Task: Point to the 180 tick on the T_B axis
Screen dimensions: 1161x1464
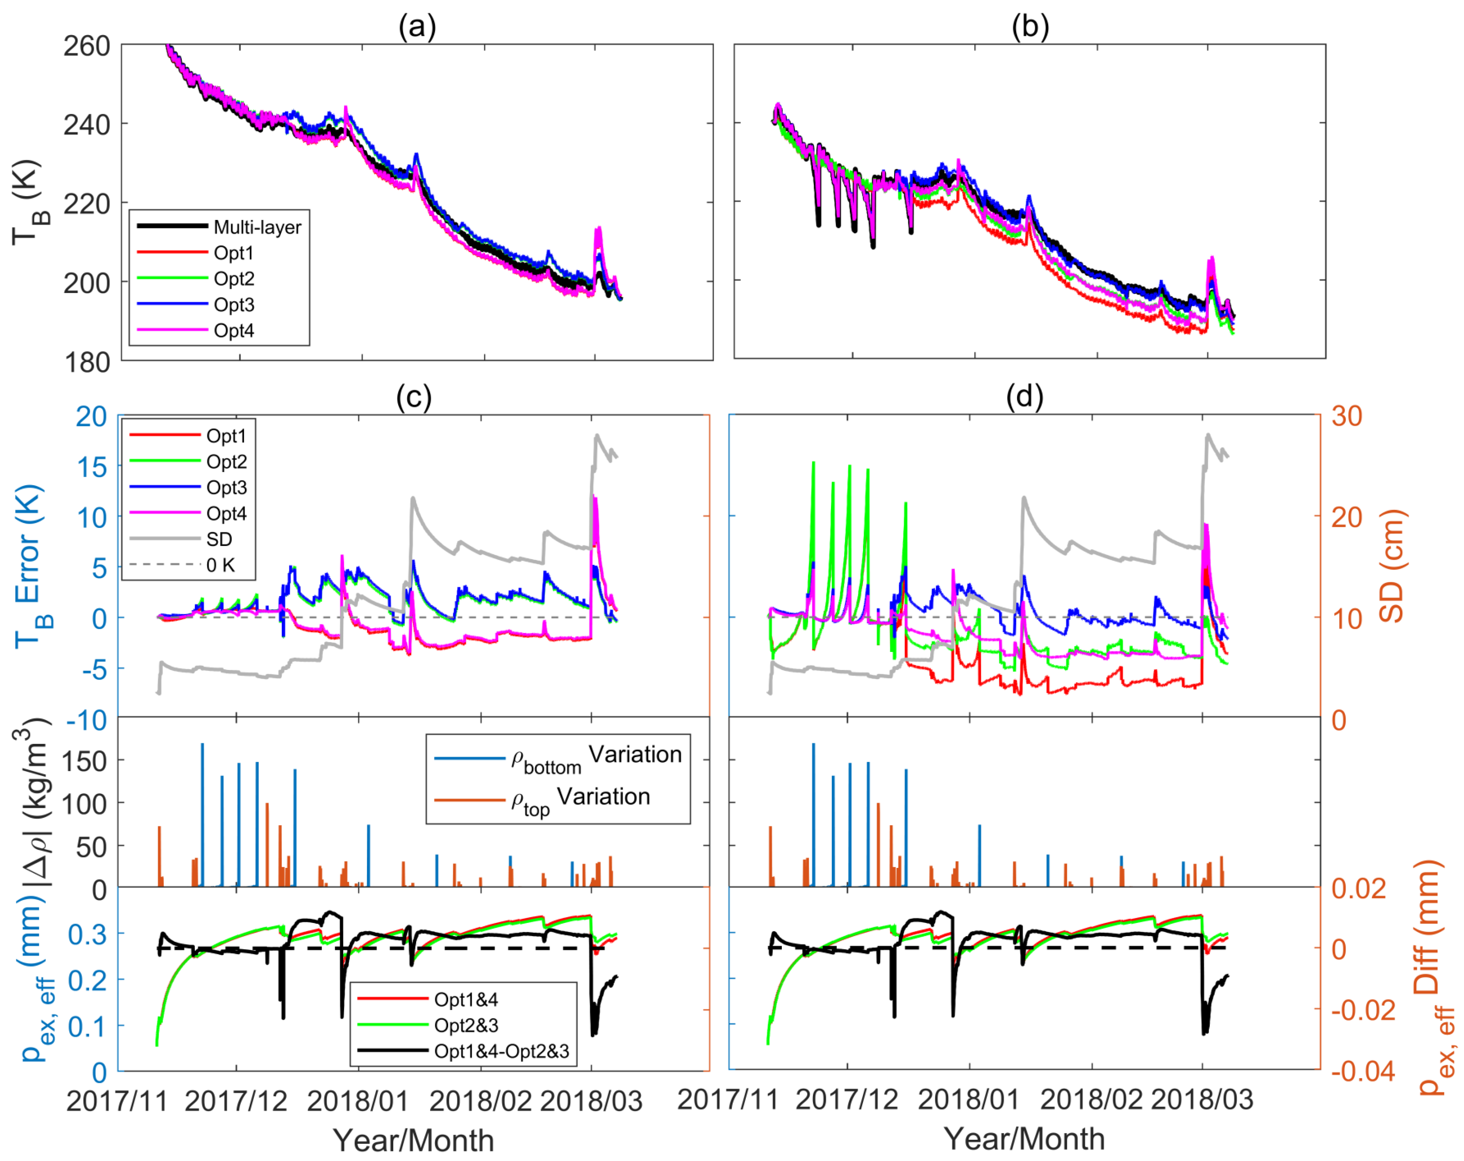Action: (x=87, y=363)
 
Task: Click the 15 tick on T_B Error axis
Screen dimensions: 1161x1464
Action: (x=91, y=467)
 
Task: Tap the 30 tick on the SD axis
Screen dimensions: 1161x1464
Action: (x=1346, y=416)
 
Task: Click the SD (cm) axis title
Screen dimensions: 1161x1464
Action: (x=1392, y=567)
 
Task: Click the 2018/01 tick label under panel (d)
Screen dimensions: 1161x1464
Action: (x=968, y=1100)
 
